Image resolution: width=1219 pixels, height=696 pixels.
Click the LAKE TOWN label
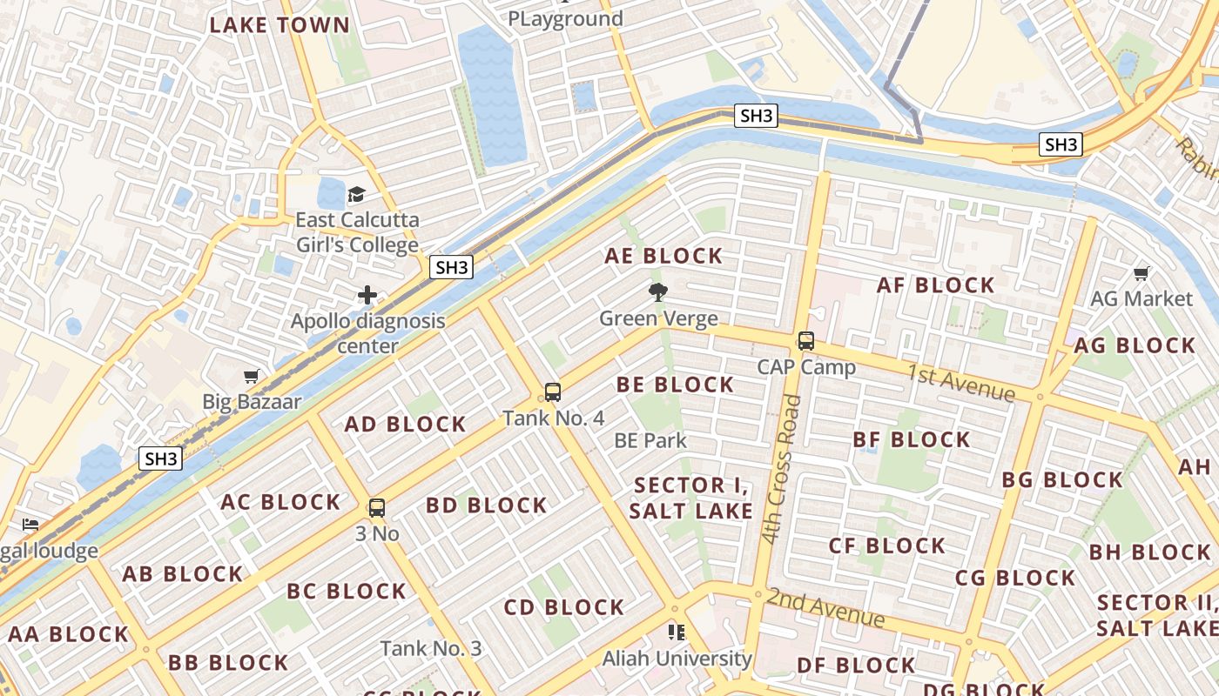coord(279,24)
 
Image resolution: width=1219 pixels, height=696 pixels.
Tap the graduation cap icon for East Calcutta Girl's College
coord(356,194)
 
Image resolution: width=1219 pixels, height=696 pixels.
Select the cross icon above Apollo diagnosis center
coord(367,295)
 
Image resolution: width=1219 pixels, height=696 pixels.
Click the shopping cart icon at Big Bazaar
coord(252,376)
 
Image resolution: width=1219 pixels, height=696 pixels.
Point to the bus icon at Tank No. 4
coord(553,391)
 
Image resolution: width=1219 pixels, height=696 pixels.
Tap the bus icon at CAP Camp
coord(806,340)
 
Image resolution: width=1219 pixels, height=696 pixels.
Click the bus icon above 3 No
coord(377,507)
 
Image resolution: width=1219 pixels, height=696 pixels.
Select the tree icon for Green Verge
coord(658,292)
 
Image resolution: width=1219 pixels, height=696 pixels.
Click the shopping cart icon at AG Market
coord(1142,274)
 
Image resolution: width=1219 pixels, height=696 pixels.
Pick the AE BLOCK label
coord(664,256)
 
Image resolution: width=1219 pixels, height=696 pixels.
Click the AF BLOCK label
coord(935,285)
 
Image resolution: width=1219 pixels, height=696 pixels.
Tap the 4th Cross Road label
coord(780,470)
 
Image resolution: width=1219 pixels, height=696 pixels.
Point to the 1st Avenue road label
coord(961,384)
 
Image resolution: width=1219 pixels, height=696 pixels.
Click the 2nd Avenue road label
coord(825,607)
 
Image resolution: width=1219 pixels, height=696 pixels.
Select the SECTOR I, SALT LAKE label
coord(691,498)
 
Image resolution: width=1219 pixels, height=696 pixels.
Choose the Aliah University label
coord(677,659)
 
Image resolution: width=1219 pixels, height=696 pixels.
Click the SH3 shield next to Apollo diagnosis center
coord(451,267)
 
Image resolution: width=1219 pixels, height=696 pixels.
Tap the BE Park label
coord(650,440)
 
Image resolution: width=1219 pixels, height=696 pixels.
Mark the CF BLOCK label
coord(887,545)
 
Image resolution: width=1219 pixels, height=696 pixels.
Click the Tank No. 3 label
coord(431,648)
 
